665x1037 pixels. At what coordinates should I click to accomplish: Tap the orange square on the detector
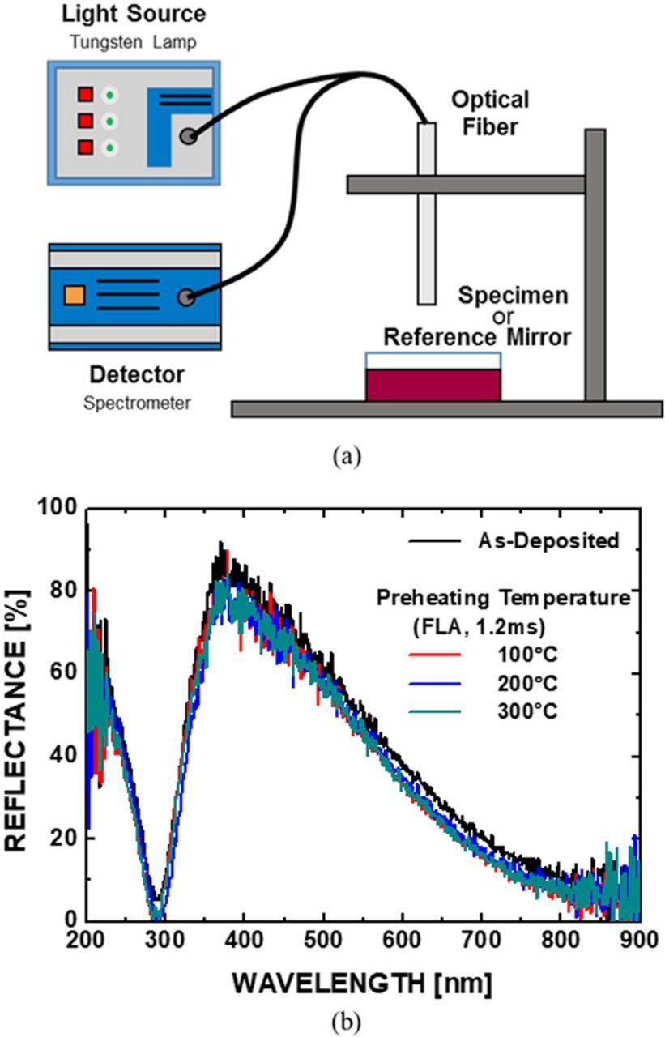[74, 295]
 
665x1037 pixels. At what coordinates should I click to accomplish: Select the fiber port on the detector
[186, 297]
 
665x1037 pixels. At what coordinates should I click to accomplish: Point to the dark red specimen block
[433, 384]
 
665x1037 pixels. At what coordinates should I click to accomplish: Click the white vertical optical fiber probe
[426, 213]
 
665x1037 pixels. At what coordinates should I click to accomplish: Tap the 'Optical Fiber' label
[490, 113]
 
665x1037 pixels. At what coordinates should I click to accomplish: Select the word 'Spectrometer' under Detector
[138, 403]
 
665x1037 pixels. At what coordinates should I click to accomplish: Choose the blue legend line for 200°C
[437, 683]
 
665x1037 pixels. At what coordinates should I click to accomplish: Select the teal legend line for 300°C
[437, 711]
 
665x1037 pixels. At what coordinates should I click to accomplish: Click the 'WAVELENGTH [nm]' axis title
[362, 983]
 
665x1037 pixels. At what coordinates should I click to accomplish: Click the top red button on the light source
[85, 95]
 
